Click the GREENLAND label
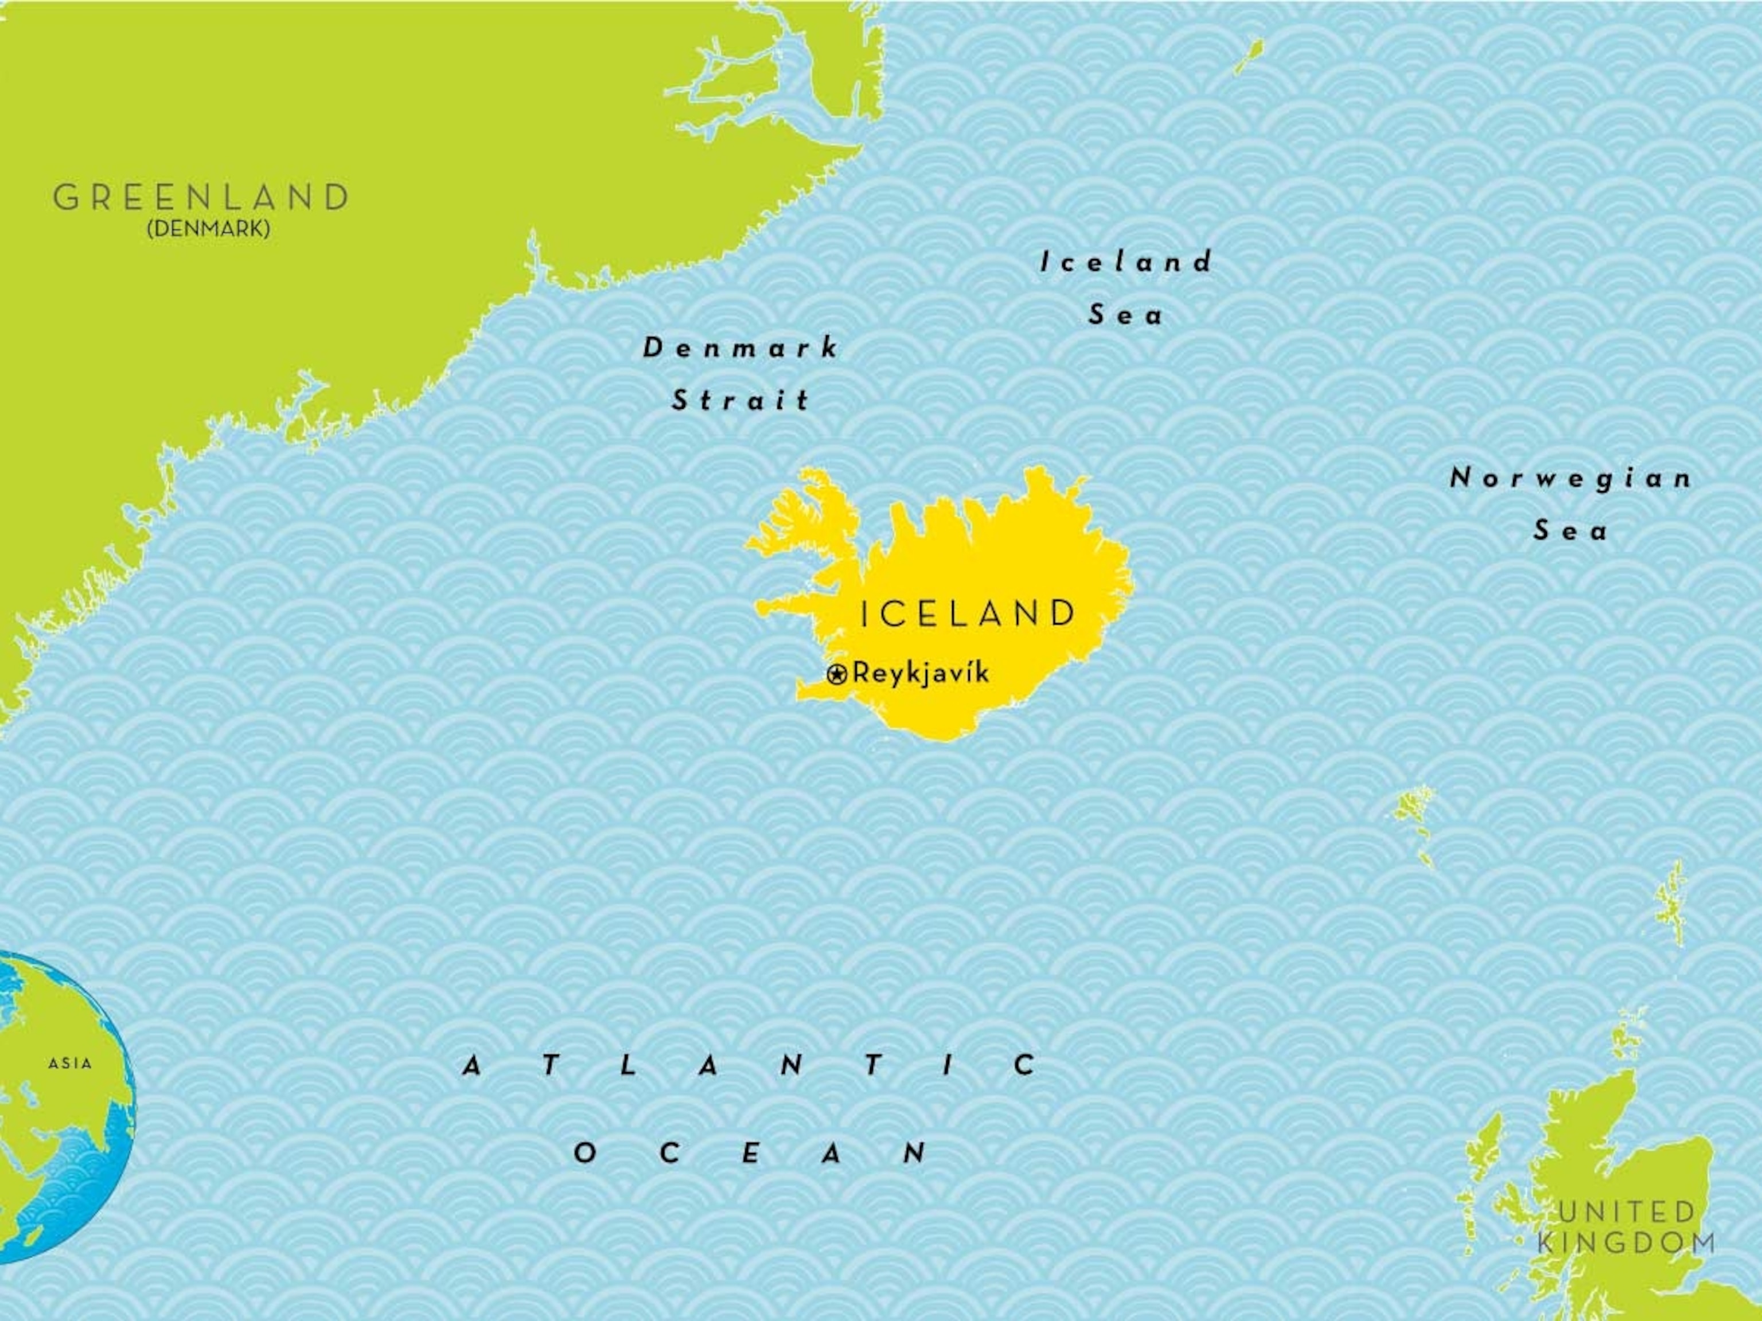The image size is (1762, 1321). point(201,197)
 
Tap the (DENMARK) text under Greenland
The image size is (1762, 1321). point(208,229)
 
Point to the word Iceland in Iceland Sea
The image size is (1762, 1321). point(1125,262)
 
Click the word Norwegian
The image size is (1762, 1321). point(1570,479)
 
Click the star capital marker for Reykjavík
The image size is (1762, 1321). point(836,675)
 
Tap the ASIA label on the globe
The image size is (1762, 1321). point(70,1063)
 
